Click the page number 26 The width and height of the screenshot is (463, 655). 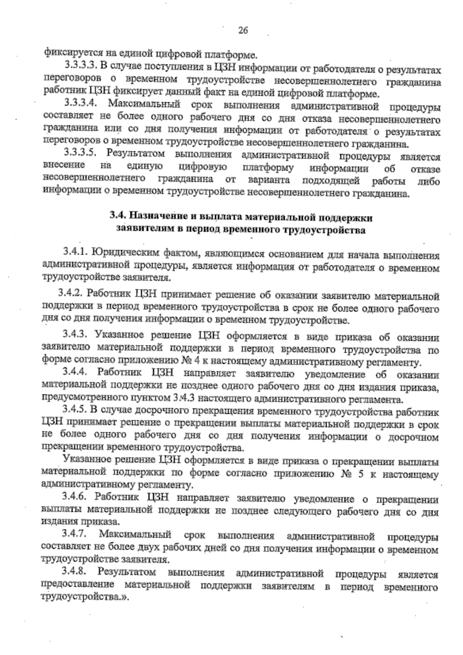243,31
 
